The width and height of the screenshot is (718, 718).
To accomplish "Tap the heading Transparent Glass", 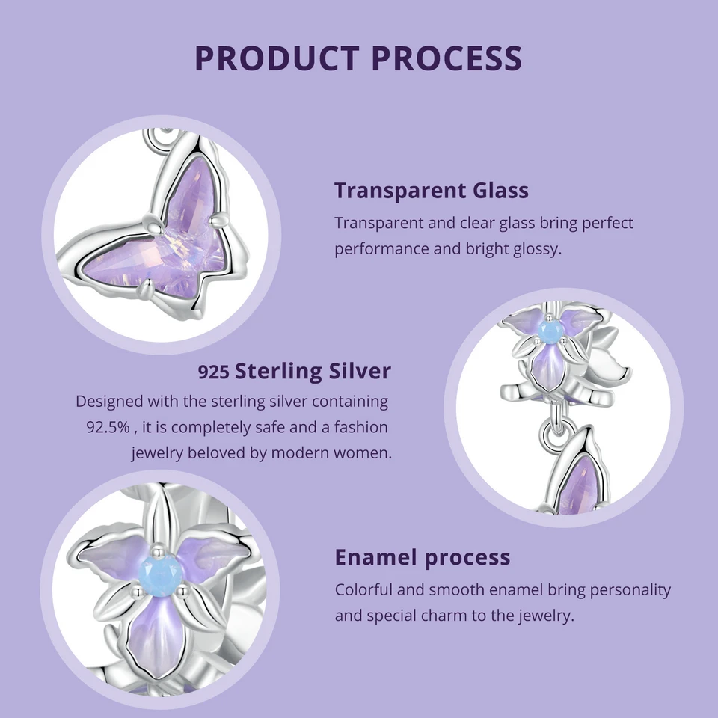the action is [x=432, y=190].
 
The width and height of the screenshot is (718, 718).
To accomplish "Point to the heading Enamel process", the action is [x=423, y=557].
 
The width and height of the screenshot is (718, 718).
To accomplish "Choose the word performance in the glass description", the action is [x=380, y=248].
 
